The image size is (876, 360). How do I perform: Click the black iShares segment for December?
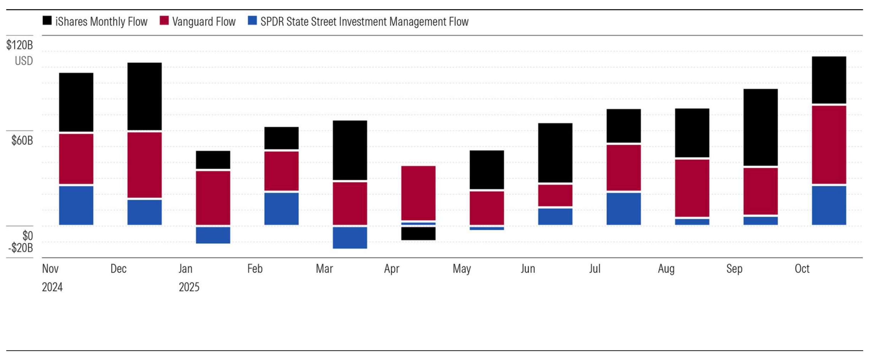(x=144, y=96)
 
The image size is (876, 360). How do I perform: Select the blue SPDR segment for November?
(x=76, y=205)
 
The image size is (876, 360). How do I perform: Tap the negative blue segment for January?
(x=213, y=235)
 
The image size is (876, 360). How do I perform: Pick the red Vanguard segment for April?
(x=418, y=193)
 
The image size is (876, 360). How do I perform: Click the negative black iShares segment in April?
(x=418, y=234)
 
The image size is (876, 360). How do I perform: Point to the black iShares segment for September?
(x=760, y=127)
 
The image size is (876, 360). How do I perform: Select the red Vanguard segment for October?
(x=829, y=144)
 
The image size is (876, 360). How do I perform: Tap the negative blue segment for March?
(x=350, y=238)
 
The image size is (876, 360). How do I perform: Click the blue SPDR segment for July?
(x=623, y=208)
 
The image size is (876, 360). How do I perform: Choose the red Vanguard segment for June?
(x=555, y=195)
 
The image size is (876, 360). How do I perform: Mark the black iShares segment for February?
(x=281, y=138)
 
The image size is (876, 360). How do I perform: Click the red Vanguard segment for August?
(x=692, y=188)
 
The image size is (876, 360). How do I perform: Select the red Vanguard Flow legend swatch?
(x=164, y=21)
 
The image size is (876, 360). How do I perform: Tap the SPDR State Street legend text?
(x=364, y=22)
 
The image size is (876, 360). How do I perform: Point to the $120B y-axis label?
(x=20, y=45)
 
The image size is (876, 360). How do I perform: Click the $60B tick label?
(x=22, y=141)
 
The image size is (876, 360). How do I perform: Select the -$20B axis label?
(x=21, y=248)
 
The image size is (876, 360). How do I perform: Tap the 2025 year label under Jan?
(x=189, y=287)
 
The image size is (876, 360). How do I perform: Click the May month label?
(x=461, y=269)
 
